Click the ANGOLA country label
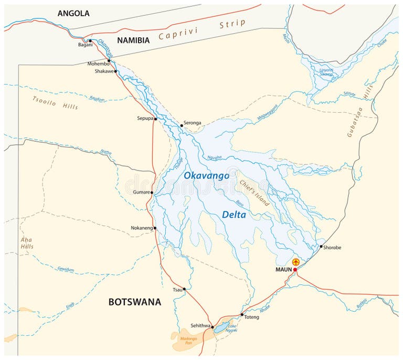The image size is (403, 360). pyautogui.click(x=73, y=13)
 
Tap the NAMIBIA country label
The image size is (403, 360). pyautogui.click(x=133, y=40)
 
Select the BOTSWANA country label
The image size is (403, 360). pyautogui.click(x=134, y=302)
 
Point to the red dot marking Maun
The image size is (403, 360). pyautogui.click(x=295, y=270)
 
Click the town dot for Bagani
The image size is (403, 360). pyautogui.click(x=90, y=41)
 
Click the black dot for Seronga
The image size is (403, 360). pyautogui.click(x=182, y=125)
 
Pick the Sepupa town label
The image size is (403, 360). pyautogui.click(x=145, y=119)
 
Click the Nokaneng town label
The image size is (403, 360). pyautogui.click(x=142, y=228)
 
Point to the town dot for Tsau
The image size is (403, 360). pyautogui.click(x=184, y=289)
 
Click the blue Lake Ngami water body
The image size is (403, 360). pyautogui.click(x=221, y=327)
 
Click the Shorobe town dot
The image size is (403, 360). pyautogui.click(x=321, y=246)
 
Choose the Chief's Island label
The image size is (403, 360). pyautogui.click(x=254, y=193)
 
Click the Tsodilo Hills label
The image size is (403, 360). pyautogui.click(x=55, y=103)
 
